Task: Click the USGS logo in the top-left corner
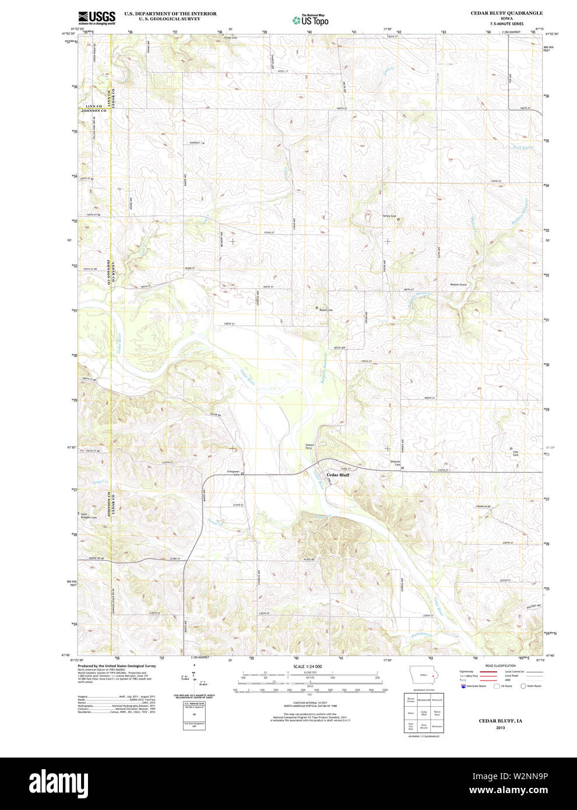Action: pos(97,17)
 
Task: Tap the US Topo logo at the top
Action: pos(311,20)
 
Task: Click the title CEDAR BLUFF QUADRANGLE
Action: pos(506,13)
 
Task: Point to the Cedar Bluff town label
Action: pos(337,475)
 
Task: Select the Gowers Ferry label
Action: pos(309,446)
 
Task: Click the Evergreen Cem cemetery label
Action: pos(233,473)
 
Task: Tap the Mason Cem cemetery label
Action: pos(326,310)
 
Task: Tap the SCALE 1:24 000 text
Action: pos(307,666)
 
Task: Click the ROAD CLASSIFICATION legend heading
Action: pos(500,665)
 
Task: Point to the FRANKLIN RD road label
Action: pos(483,507)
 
